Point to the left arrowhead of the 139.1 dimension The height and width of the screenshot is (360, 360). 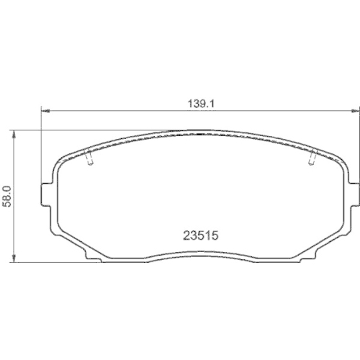coord(42,111)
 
